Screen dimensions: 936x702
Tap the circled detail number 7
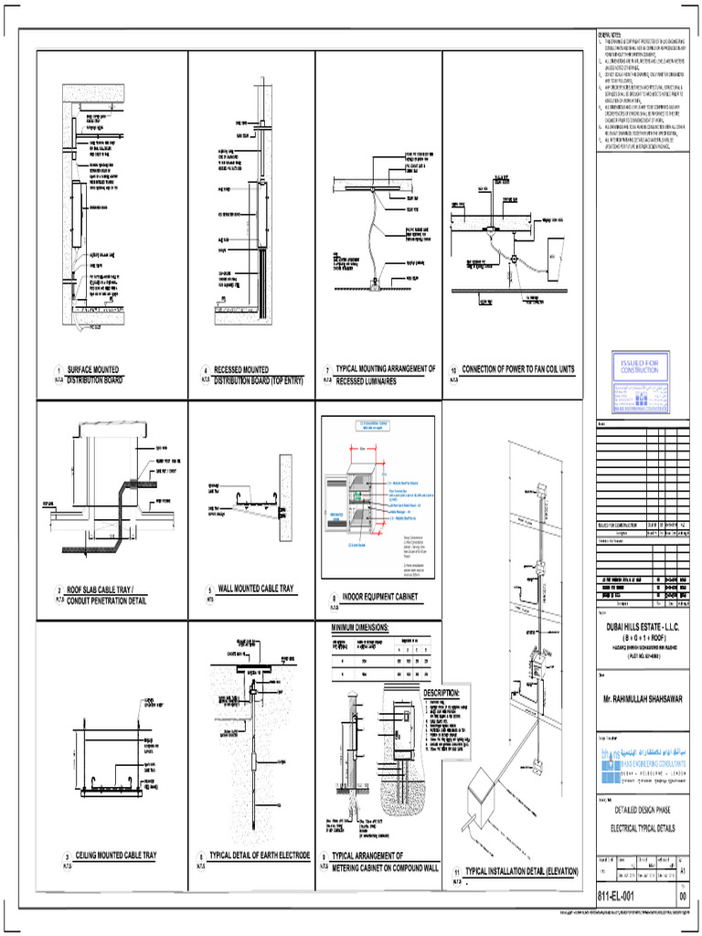pos(326,370)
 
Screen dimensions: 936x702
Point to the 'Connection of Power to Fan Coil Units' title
pos(518,369)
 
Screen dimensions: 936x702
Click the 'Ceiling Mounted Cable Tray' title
pos(116,856)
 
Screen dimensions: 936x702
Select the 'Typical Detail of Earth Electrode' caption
pos(259,856)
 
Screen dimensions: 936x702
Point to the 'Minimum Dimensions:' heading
pos(366,628)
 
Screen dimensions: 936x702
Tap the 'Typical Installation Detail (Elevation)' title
pos(521,872)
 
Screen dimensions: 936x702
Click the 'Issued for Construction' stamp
pos(638,367)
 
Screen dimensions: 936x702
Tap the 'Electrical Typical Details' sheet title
pos(640,827)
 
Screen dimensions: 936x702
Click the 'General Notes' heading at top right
pos(611,33)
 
